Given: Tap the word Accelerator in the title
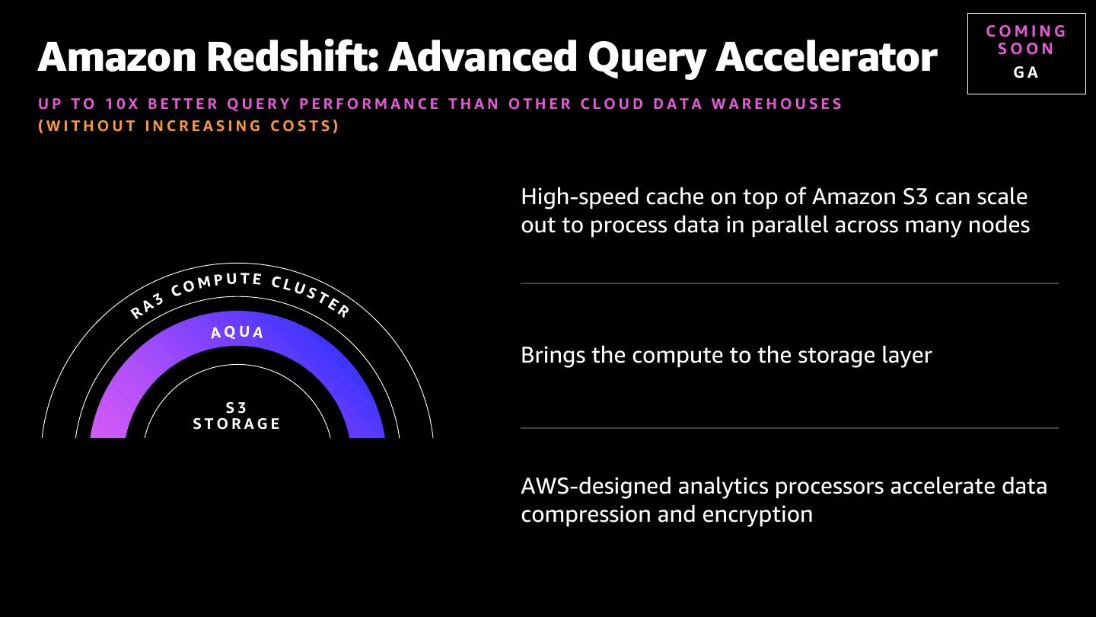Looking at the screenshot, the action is coord(826,56).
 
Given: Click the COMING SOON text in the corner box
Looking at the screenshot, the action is coord(1026,40).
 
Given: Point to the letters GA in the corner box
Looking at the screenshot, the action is coord(1026,72).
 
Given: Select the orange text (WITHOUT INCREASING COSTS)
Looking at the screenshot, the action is coord(189,126).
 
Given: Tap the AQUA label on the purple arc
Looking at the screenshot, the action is coord(237,333).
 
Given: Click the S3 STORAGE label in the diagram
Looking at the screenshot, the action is coord(237,417).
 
